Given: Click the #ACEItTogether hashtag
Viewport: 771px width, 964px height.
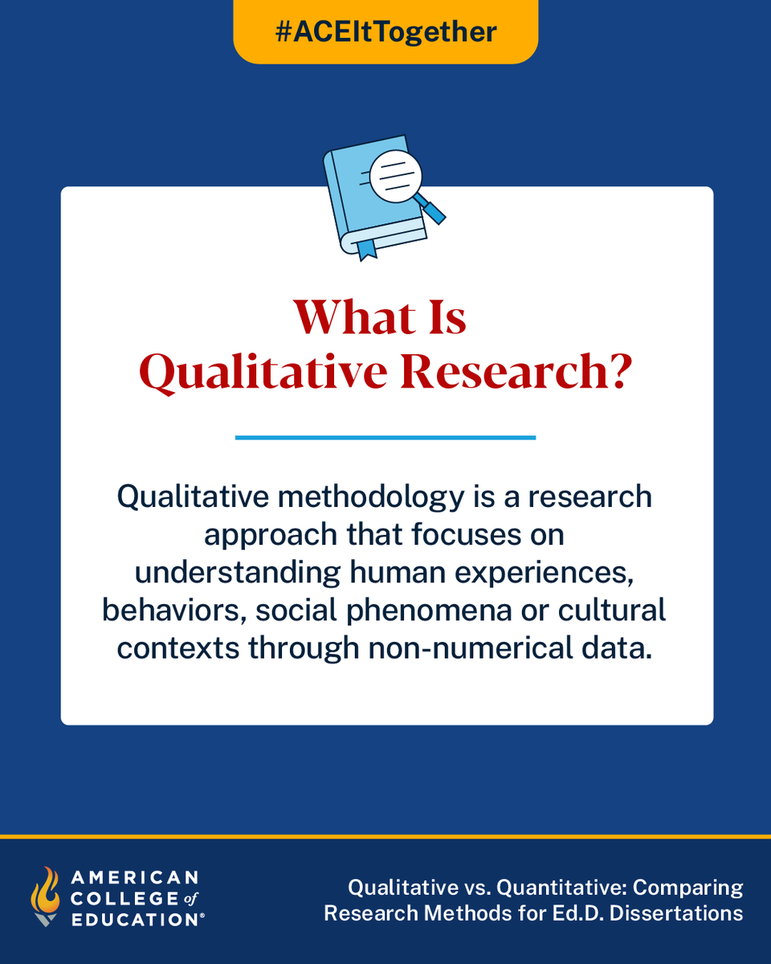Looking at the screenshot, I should tap(385, 32).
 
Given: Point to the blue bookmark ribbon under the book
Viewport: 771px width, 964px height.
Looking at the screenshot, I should tap(365, 247).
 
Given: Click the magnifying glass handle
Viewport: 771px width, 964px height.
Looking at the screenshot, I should tap(434, 211).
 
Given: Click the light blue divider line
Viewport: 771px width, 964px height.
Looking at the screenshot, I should tap(385, 437).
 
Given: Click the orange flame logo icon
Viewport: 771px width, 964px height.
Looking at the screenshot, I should tap(45, 895).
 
